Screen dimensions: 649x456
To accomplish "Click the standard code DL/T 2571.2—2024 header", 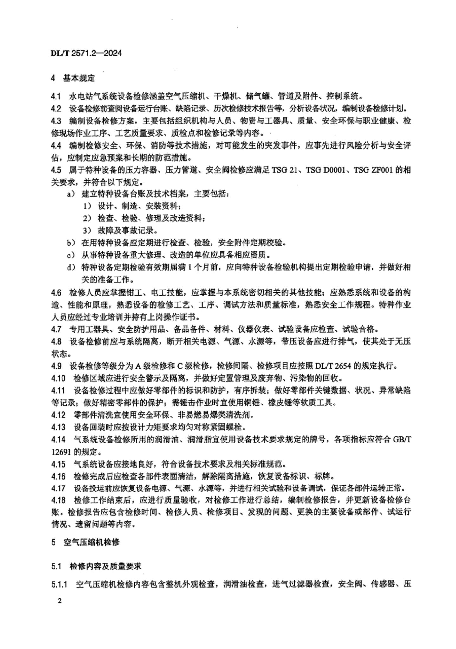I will point(86,53).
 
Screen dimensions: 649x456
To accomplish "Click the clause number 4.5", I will point(56,170).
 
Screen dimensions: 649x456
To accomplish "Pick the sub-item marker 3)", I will point(87,231).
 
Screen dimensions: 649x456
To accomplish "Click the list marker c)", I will point(71,255).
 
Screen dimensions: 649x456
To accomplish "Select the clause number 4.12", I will point(58,415).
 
